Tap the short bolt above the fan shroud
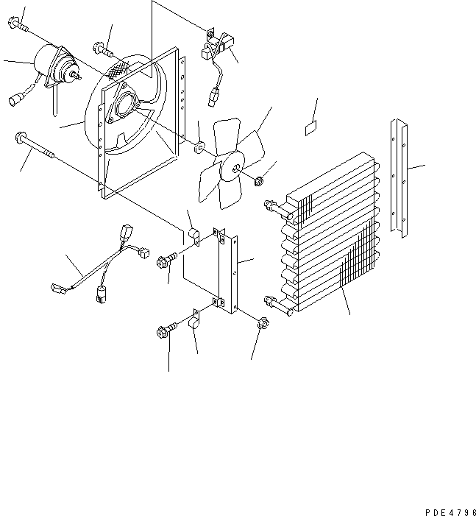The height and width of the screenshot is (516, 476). point(102,51)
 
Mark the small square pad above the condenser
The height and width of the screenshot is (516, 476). point(311,130)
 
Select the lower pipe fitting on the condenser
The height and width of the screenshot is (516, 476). point(271,300)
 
